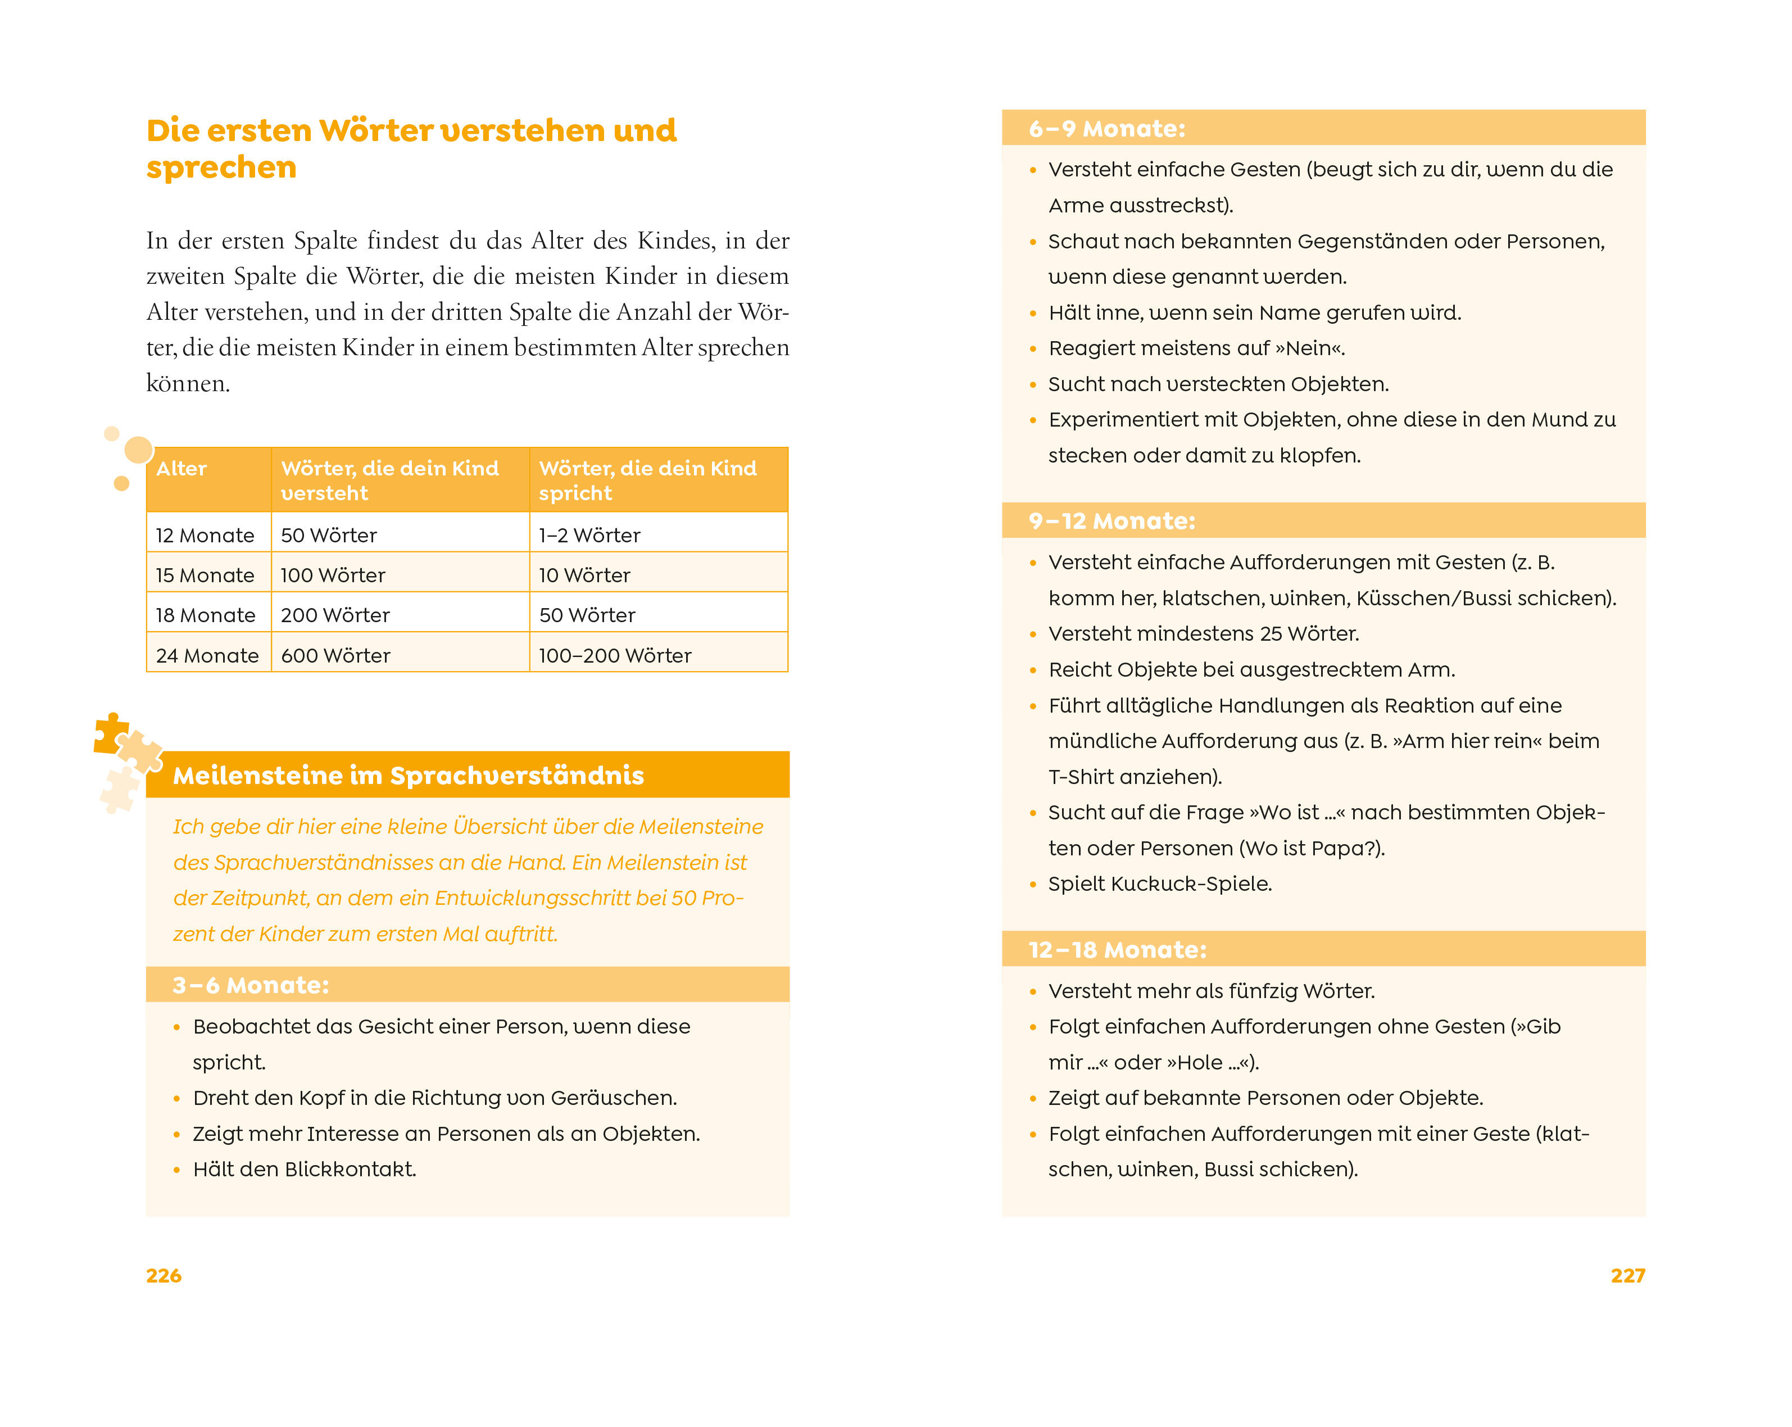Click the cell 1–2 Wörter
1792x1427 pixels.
click(x=589, y=535)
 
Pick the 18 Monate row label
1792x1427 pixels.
click(x=205, y=615)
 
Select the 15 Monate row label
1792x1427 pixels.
click(x=205, y=575)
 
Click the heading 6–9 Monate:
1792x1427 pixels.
click(x=1106, y=129)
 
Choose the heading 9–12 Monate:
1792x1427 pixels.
click(x=1112, y=521)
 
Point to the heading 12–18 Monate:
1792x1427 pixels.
click(x=1117, y=949)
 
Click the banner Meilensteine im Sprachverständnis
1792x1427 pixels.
click(x=408, y=776)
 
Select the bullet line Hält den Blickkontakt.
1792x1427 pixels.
click(x=304, y=1170)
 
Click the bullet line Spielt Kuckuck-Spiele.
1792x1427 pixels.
click(x=1159, y=884)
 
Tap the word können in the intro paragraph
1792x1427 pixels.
click(x=187, y=383)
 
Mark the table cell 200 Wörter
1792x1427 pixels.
click(x=335, y=615)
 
